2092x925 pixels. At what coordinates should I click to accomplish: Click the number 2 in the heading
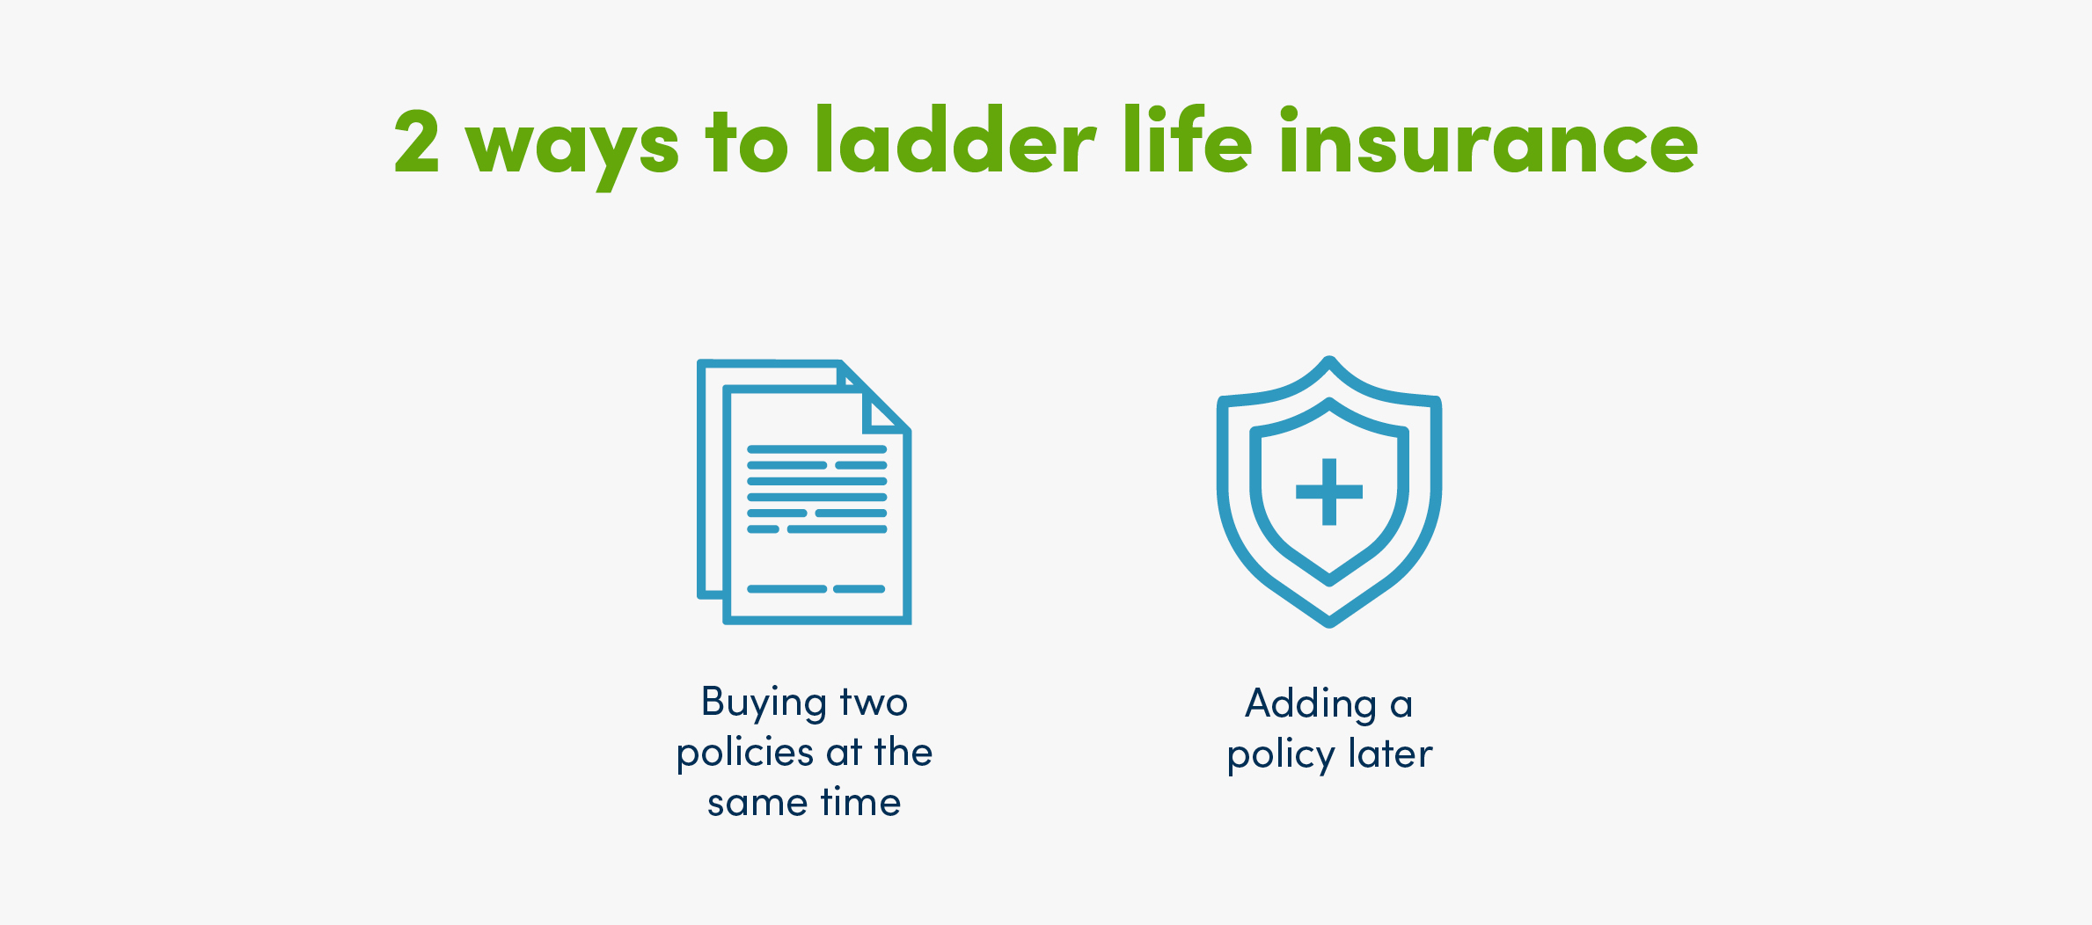(x=417, y=141)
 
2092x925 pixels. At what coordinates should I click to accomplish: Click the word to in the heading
(x=747, y=142)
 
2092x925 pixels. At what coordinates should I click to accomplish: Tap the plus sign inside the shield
(x=1329, y=492)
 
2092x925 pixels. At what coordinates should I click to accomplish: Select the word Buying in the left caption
(x=764, y=703)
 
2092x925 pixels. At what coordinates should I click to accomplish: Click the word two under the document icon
(x=874, y=703)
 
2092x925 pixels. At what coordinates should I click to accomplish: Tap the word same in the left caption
(x=757, y=803)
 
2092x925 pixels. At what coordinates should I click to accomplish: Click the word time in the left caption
(x=860, y=802)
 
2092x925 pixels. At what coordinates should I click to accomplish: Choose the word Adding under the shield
(x=1311, y=704)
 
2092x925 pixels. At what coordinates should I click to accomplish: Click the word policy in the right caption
(x=1281, y=756)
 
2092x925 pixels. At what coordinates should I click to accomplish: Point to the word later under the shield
(x=1391, y=754)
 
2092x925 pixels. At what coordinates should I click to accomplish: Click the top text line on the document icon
(x=816, y=449)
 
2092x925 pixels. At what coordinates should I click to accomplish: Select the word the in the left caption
(x=903, y=753)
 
